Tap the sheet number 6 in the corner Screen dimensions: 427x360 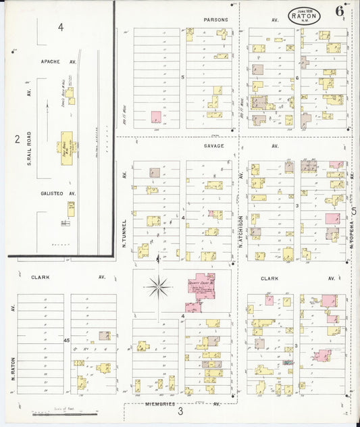(x=338, y=11)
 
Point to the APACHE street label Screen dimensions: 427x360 (x=51, y=61)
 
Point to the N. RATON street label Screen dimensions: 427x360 (x=13, y=365)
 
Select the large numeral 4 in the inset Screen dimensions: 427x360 (x=61, y=27)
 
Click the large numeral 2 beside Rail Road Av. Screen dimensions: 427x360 (x=17, y=139)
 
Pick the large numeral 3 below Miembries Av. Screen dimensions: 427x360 (x=180, y=411)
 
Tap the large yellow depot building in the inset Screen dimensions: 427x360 (x=68, y=144)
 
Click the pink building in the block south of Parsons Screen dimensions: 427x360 (x=156, y=116)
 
